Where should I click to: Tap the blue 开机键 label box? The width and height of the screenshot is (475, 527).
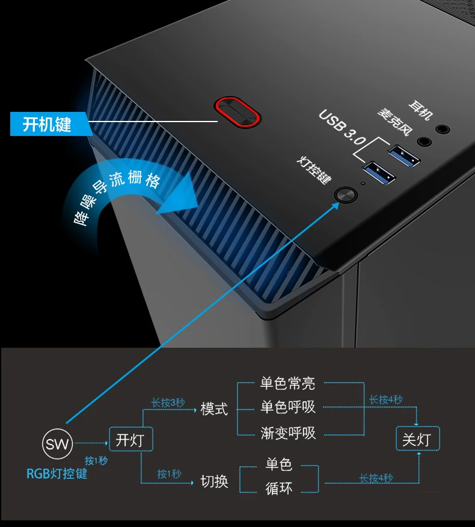pos(47,125)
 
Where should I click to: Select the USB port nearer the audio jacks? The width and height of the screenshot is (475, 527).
pos(404,155)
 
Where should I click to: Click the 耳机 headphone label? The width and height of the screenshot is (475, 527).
pos(419,111)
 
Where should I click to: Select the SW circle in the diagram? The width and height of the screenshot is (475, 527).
pos(58,446)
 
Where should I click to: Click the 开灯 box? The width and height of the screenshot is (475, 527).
pos(130,440)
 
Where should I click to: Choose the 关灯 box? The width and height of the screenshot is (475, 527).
pos(417,440)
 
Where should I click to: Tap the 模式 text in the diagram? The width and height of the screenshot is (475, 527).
pos(214,409)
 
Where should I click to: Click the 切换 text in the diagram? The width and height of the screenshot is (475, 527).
pos(214,481)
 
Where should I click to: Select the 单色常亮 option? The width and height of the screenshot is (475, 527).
pos(287,383)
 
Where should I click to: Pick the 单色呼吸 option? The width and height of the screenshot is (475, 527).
pos(287,408)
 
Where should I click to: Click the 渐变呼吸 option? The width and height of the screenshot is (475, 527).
pos(287,433)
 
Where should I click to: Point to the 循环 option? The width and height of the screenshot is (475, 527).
pos(279,488)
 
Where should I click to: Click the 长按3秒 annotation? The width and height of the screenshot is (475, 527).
pos(168,402)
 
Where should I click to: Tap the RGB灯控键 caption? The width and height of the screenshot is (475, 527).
pos(57,473)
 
